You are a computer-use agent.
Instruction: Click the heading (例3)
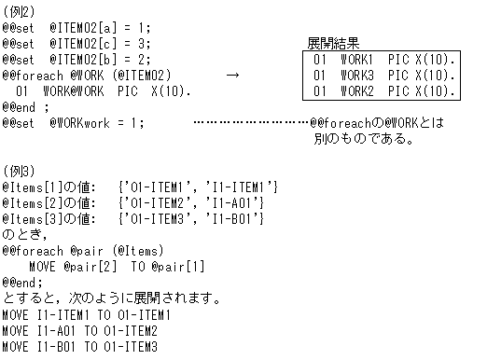pos(18,171)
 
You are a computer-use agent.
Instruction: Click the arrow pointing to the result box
pos(232,75)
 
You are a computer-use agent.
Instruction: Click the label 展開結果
pos(333,43)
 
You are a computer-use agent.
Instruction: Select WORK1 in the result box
pos(356,59)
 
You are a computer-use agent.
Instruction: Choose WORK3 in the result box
pos(356,75)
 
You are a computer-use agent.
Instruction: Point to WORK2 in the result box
pos(356,90)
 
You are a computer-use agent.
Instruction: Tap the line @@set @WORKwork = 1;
pos(74,123)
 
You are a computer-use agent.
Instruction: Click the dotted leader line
pos(250,123)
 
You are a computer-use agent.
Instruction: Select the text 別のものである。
pos(364,140)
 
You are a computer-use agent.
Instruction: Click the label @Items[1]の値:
pos(48,187)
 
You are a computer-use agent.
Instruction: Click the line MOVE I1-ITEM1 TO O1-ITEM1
pos(79,315)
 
